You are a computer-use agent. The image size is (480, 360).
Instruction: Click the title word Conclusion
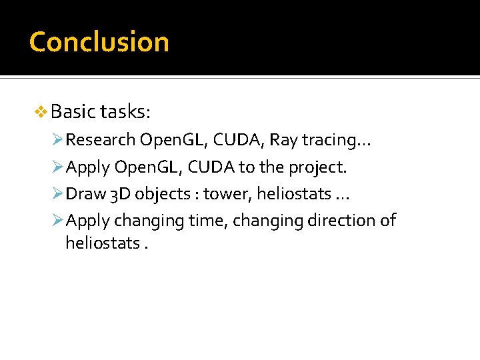(x=99, y=41)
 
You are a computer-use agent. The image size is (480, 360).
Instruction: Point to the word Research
(x=101, y=139)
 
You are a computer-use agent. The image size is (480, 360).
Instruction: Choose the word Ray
(x=283, y=140)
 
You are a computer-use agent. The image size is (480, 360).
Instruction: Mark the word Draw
(x=86, y=194)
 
